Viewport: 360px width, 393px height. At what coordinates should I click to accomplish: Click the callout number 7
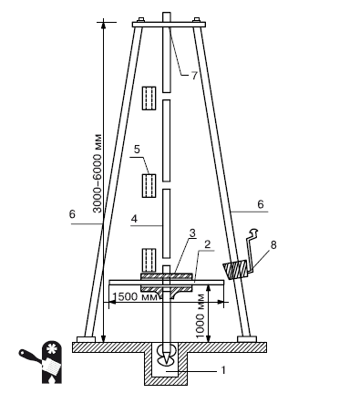click(194, 76)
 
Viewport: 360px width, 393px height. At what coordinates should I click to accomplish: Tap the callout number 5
click(137, 150)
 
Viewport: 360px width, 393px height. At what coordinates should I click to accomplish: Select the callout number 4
click(134, 219)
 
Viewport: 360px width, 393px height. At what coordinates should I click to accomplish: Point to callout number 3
click(192, 233)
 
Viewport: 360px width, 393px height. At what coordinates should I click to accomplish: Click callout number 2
click(208, 244)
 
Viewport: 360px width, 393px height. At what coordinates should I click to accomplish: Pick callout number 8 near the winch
click(273, 245)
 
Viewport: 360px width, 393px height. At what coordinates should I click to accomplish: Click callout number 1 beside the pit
click(223, 370)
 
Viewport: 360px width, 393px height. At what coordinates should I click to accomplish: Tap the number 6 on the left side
click(72, 214)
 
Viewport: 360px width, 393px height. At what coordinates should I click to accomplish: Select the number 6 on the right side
click(261, 204)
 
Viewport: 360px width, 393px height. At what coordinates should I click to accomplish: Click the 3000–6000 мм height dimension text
click(98, 173)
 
